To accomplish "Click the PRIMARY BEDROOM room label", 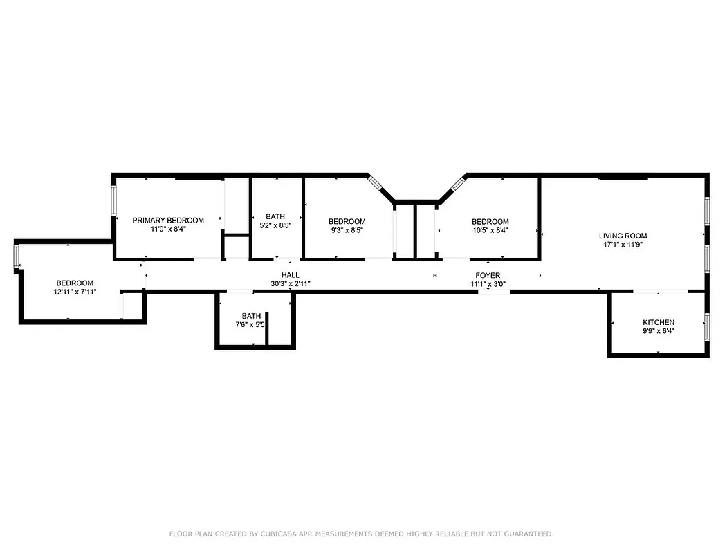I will [168, 221].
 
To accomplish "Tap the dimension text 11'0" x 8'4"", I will [168, 229].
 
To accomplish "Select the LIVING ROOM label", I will [623, 236].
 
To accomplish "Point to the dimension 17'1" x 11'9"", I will [623, 244].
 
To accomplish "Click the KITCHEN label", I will [658, 323].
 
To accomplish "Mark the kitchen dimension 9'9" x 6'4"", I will [658, 331].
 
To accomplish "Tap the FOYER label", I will [488, 275].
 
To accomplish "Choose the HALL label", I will [290, 275].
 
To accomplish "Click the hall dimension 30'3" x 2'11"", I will [290, 283].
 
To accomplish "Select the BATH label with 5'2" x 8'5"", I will [275, 216].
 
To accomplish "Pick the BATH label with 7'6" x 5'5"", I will [251, 316].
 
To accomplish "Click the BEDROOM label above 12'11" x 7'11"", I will [75, 283].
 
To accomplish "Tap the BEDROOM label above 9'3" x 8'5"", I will [347, 222].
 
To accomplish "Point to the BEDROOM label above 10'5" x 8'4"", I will [490, 222].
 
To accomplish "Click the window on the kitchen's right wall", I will [706, 326].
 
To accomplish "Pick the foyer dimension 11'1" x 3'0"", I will [488, 283].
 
